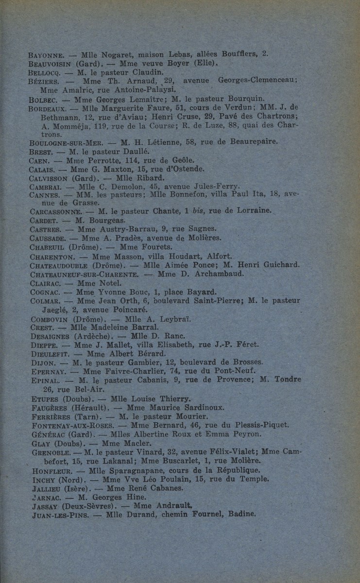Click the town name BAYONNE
46,55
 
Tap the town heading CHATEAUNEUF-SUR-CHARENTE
84,274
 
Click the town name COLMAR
44,301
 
